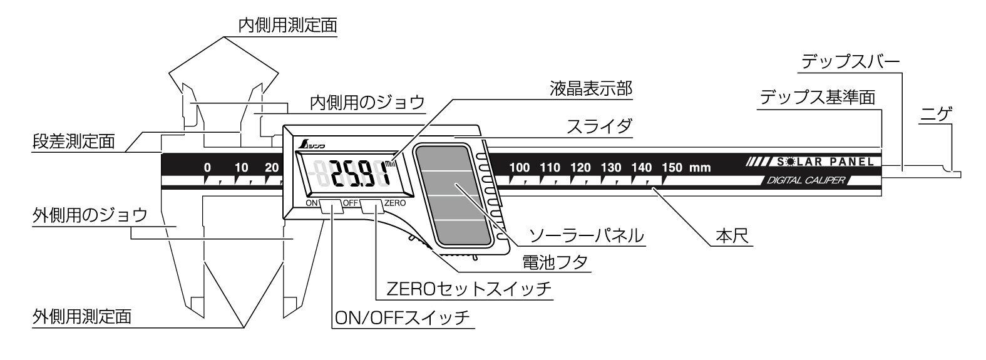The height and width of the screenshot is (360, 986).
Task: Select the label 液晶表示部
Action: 591,88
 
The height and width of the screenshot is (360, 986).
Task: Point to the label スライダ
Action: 598,126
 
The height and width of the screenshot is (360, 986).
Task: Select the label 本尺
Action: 732,237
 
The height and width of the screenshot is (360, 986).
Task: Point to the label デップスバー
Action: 850,62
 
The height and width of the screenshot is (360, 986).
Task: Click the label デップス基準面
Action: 817,98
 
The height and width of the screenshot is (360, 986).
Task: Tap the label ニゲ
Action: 937,115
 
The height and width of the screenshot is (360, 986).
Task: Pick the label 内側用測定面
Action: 287,25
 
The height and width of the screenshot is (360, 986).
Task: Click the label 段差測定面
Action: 73,141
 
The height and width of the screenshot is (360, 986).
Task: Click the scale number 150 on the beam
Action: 672,168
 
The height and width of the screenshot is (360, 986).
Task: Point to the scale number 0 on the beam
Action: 207,168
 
